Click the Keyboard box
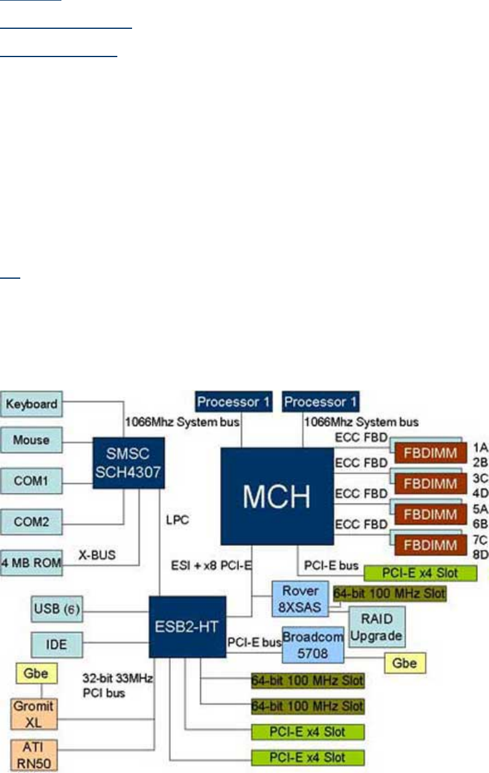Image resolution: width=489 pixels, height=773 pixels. (31, 403)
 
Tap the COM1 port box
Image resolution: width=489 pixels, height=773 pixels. (31, 479)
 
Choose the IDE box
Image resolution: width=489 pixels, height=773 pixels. (57, 645)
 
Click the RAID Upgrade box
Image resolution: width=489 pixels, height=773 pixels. (376, 626)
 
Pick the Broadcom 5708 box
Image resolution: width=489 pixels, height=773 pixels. (312, 644)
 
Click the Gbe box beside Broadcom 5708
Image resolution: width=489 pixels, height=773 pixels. (405, 662)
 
